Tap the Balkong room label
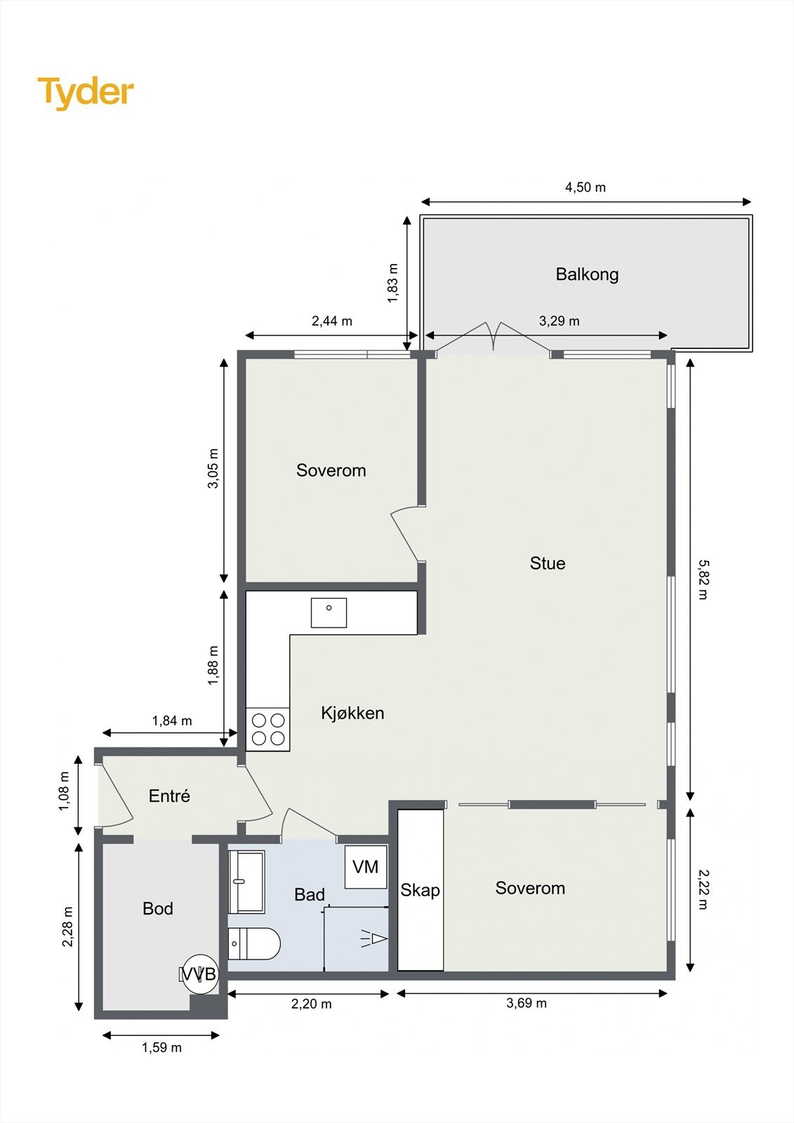[587, 274]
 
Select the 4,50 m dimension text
[585, 187]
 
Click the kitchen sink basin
[329, 613]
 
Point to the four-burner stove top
[268, 729]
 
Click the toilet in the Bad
[254, 943]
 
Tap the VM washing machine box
[366, 867]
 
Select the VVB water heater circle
[200, 974]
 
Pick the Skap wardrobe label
[420, 891]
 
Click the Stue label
[547, 564]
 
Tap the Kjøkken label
[352, 713]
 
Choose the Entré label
[169, 796]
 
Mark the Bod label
[157, 908]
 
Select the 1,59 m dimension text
[161, 1047]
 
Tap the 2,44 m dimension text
[331, 321]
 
